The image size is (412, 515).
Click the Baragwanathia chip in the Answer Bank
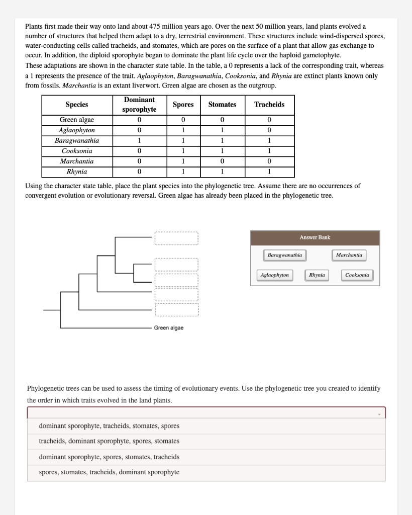284,255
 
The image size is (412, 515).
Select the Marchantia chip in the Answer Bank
349,255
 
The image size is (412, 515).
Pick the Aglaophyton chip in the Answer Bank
275,275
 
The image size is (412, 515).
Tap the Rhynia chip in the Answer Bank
317,275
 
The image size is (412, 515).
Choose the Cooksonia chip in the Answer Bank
357,275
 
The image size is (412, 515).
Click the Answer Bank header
315,237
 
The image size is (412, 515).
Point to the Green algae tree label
168,328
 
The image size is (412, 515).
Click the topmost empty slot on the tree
176,238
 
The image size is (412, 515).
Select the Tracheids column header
269,105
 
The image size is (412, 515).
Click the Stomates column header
222,105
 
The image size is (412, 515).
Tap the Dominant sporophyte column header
139,105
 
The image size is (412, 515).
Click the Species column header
77,105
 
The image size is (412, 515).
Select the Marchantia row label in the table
77,161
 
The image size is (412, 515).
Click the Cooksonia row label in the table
77,151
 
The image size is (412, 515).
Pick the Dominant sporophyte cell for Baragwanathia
139,141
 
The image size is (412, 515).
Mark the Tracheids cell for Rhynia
269,171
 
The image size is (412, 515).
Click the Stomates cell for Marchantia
222,161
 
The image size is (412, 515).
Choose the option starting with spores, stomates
109,472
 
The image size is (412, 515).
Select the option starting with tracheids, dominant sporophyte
109,441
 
